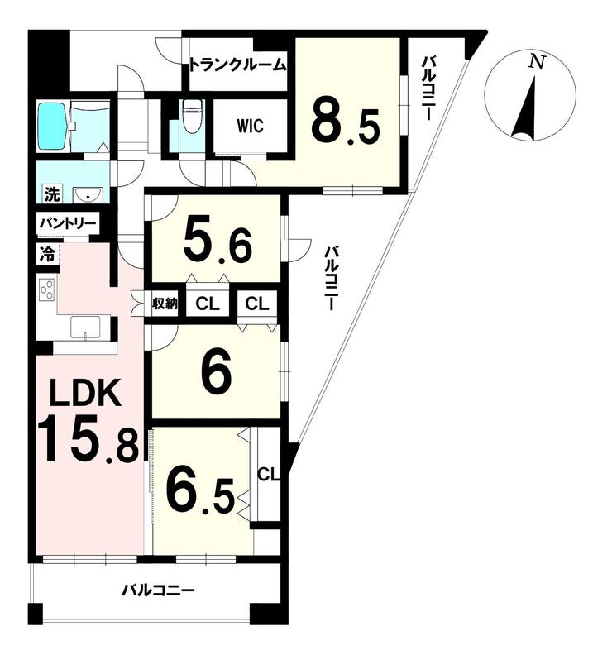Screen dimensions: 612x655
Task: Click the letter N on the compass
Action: pyautogui.click(x=537, y=63)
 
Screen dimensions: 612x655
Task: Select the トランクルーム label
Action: pyautogui.click(x=237, y=65)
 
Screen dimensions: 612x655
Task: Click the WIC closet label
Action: pyautogui.click(x=251, y=126)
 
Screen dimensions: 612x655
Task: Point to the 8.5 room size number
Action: pyautogui.click(x=345, y=124)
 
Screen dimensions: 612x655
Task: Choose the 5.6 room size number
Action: pyautogui.click(x=218, y=247)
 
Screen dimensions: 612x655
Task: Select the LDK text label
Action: pyautogui.click(x=86, y=394)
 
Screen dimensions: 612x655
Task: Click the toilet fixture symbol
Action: pyautogui.click(x=193, y=117)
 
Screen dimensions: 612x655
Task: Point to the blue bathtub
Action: pyautogui.click(x=53, y=126)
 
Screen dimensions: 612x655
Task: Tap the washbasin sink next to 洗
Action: pyautogui.click(x=88, y=195)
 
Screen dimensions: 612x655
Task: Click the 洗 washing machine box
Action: pyautogui.click(x=52, y=194)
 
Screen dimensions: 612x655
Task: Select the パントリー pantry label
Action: pyautogui.click(x=68, y=224)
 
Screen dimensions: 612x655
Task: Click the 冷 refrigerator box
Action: pyautogui.click(x=47, y=254)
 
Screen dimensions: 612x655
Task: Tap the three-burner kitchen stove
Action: pyautogui.click(x=46, y=289)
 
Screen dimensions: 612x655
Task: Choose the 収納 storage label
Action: pyautogui.click(x=165, y=304)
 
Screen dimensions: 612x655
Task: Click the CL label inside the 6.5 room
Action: pyautogui.click(x=268, y=474)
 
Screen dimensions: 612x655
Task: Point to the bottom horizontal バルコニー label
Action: pyautogui.click(x=158, y=590)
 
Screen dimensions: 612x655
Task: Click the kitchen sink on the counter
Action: pyautogui.click(x=86, y=327)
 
